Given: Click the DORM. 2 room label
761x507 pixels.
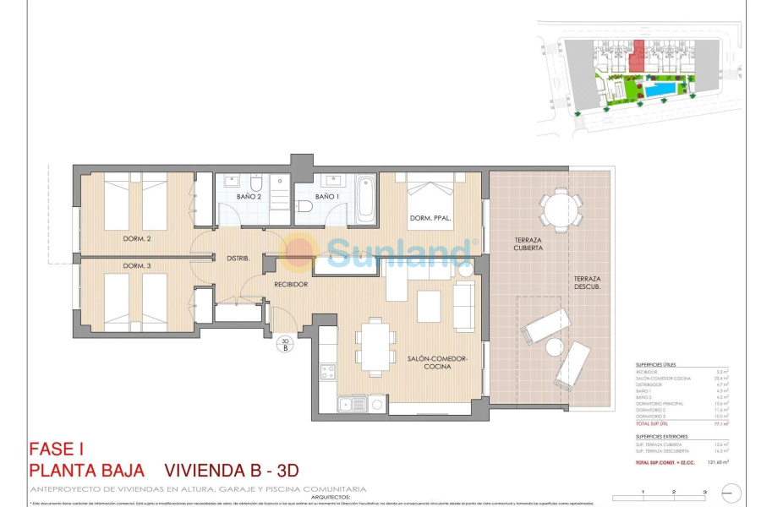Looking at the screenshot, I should (136, 239).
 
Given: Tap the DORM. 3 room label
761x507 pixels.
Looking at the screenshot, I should (136, 266).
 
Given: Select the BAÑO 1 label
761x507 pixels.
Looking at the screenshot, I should (326, 197).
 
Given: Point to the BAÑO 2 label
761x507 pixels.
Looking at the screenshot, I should (248, 197).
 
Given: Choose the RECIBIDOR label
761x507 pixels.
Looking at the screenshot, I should (290, 285).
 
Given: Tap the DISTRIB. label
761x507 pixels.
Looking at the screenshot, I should (238, 259).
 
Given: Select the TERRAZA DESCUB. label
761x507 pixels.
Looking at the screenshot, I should (587, 283).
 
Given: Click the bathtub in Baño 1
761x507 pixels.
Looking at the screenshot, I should (365, 199).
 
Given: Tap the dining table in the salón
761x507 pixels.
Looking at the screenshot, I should (375, 345).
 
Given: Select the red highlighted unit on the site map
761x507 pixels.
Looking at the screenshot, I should (639, 56).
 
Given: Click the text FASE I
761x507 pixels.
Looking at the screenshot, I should (56, 450).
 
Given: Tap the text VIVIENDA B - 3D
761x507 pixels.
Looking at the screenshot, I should (231, 470).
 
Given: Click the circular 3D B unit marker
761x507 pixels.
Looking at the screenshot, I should (285, 343).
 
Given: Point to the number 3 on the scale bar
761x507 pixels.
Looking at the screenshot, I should (704, 491).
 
